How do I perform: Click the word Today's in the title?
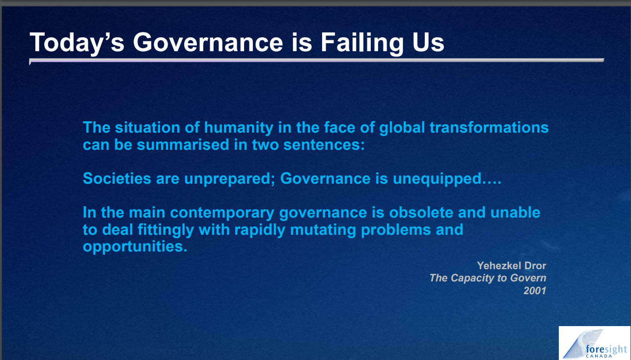point(77,43)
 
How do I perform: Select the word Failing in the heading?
point(362,43)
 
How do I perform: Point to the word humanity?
point(239,128)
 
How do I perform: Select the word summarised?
point(183,145)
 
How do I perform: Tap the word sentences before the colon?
point(322,145)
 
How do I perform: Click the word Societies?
point(117,179)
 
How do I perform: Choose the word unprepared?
point(227,179)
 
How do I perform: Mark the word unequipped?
point(437,179)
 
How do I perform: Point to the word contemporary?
point(222,213)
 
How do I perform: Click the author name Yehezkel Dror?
point(512,266)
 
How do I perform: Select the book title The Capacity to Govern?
point(488,278)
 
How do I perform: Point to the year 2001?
point(535,291)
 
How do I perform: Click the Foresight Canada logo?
point(594,343)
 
